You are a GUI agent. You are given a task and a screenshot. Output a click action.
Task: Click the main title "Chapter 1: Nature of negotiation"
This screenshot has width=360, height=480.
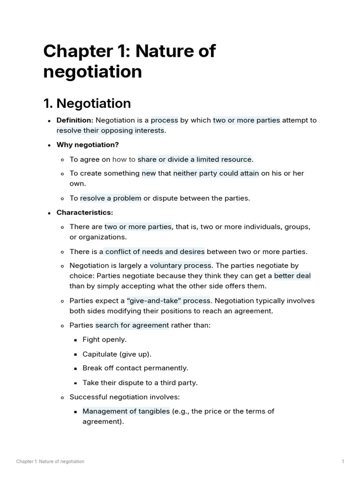[129, 61]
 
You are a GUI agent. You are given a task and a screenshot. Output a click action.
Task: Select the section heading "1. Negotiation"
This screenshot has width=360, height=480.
[87, 103]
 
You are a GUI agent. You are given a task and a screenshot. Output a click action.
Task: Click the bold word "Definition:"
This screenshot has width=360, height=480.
[75, 120]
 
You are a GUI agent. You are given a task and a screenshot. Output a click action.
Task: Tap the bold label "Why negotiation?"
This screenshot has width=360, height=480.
[88, 144]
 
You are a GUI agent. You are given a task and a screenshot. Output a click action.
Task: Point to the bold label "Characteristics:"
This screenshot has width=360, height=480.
[85, 212]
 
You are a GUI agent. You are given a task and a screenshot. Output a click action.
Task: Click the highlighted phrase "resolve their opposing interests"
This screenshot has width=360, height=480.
[111, 130]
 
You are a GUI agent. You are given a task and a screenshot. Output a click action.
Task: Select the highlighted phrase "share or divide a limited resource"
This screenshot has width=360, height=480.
[195, 159]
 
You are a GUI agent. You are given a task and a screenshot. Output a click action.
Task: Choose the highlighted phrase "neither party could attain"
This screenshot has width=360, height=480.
[216, 173]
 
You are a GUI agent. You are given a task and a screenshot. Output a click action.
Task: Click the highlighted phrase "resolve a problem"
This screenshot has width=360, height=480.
[111, 198]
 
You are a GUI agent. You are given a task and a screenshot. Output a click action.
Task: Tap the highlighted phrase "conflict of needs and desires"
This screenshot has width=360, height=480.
[155, 252]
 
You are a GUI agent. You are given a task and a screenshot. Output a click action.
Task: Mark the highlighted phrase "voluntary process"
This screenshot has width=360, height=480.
[180, 266]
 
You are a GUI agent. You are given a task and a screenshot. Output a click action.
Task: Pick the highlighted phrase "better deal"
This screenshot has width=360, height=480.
[292, 276]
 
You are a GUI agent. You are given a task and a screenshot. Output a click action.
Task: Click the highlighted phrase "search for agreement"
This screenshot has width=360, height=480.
[132, 325]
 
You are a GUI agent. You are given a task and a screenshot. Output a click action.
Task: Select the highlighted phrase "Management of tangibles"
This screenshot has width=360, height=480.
[126, 412]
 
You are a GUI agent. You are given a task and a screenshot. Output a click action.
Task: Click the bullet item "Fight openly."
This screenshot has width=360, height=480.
[105, 339]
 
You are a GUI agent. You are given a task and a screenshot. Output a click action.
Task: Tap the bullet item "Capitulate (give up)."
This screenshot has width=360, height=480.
[117, 354]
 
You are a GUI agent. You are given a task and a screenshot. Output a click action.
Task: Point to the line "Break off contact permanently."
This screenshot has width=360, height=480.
[135, 368]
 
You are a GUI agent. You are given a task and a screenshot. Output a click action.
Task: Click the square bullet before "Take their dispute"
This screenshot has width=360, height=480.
[75, 383]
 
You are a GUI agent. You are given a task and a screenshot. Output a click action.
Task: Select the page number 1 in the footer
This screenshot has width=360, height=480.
[343, 462]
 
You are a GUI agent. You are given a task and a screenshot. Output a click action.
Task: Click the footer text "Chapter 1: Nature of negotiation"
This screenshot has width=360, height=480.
[50, 462]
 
